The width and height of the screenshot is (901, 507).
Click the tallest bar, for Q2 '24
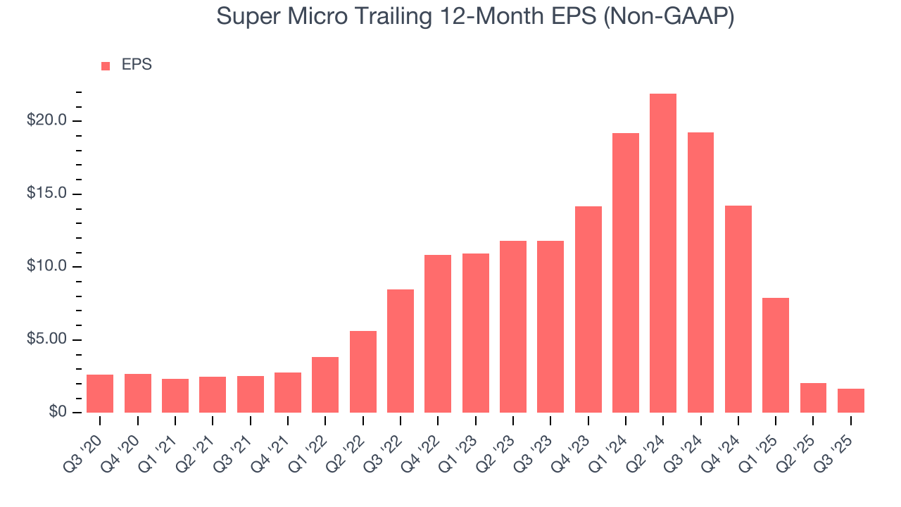click(x=663, y=253)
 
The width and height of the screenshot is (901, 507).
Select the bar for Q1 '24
click(x=626, y=273)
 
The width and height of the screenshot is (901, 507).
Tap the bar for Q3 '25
click(x=851, y=400)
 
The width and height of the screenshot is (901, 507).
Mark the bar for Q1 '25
click(x=776, y=355)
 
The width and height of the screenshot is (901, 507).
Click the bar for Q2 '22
click(x=363, y=371)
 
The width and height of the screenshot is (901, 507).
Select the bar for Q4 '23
click(x=588, y=309)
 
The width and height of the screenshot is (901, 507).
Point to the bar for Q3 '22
click(x=401, y=351)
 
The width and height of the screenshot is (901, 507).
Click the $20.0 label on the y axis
click(x=46, y=120)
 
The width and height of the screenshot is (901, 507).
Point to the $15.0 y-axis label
click(x=46, y=194)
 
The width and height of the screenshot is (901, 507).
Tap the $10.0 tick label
click(x=46, y=266)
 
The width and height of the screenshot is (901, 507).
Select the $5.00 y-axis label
click(x=46, y=339)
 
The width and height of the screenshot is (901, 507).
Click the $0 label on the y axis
click(x=57, y=412)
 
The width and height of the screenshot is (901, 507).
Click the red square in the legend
click(x=106, y=65)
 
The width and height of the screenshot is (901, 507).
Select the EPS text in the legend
click(x=137, y=65)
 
